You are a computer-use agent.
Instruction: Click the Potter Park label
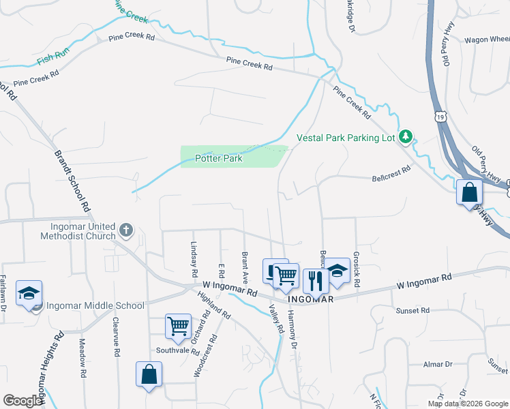click(x=219, y=158)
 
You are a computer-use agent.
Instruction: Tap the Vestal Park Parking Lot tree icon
click(x=406, y=137)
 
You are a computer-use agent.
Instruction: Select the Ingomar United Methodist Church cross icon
click(x=125, y=230)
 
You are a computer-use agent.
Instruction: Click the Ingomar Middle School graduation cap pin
click(x=29, y=292)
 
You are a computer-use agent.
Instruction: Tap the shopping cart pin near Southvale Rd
click(x=178, y=326)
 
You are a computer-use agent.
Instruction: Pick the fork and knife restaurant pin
click(x=315, y=279)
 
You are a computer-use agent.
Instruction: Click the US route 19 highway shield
click(x=442, y=117)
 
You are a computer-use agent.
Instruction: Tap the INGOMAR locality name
click(x=310, y=299)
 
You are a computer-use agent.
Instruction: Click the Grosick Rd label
click(x=357, y=268)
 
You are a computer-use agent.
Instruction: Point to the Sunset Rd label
click(x=412, y=310)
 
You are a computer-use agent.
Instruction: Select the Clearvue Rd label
click(x=117, y=337)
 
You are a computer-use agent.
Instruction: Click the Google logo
click(x=23, y=401)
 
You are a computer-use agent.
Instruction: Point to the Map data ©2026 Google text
click(x=466, y=404)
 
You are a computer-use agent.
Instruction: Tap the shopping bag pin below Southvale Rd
click(x=149, y=374)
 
